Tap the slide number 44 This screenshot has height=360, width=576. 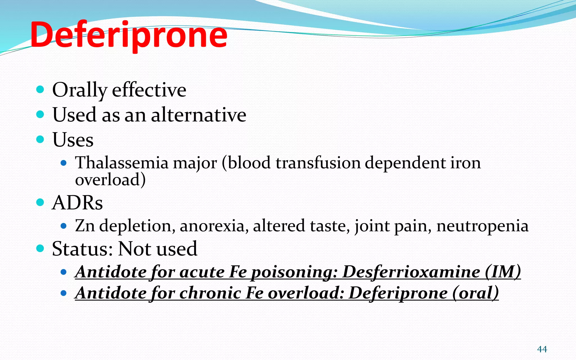coord(542,349)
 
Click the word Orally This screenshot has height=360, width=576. coord(80,90)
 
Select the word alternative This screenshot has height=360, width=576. coord(199,115)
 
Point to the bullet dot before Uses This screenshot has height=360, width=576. coord(40,139)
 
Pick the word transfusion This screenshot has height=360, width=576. coord(318,163)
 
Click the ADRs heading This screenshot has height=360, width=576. coord(77,202)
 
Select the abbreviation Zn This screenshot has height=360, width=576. coord(85,226)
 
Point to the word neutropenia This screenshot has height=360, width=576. coord(482,226)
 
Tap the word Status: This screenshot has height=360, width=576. coord(82,249)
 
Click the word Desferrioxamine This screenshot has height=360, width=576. coord(411,272)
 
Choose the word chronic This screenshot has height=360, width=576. coord(210,293)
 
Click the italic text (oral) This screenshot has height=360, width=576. coord(475,293)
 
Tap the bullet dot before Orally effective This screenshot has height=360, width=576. coord(40,90)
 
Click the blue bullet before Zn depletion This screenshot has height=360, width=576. coord(64,226)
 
